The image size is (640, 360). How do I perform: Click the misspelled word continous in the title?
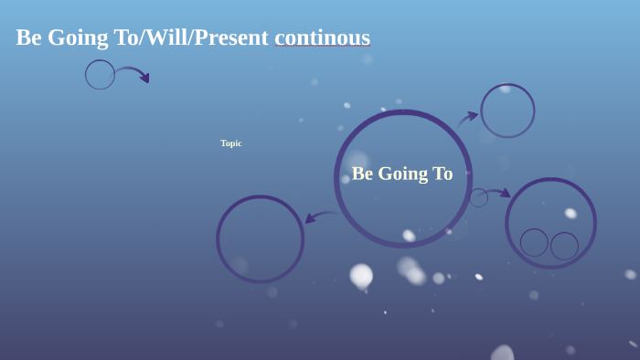click(x=322, y=37)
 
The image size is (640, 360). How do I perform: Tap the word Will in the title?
click(x=165, y=37)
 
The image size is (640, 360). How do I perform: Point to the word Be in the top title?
click(x=28, y=37)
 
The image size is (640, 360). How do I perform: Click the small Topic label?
click(x=230, y=143)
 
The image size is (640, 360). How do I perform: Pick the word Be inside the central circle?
click(x=362, y=174)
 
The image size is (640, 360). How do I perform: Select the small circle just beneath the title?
click(x=100, y=75)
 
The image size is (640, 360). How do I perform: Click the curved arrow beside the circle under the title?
click(x=133, y=73)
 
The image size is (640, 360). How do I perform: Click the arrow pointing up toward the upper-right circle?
click(x=468, y=118)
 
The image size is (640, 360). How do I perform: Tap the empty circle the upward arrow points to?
click(x=507, y=111)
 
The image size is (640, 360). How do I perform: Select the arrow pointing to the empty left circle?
click(x=319, y=217)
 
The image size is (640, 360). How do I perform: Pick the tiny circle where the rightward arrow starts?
click(x=478, y=197)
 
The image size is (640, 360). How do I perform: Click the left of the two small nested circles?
click(x=534, y=242)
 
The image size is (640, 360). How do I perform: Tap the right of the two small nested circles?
click(x=564, y=246)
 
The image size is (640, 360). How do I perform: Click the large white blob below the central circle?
click(x=361, y=275)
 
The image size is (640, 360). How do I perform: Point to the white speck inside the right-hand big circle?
click(x=571, y=213)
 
